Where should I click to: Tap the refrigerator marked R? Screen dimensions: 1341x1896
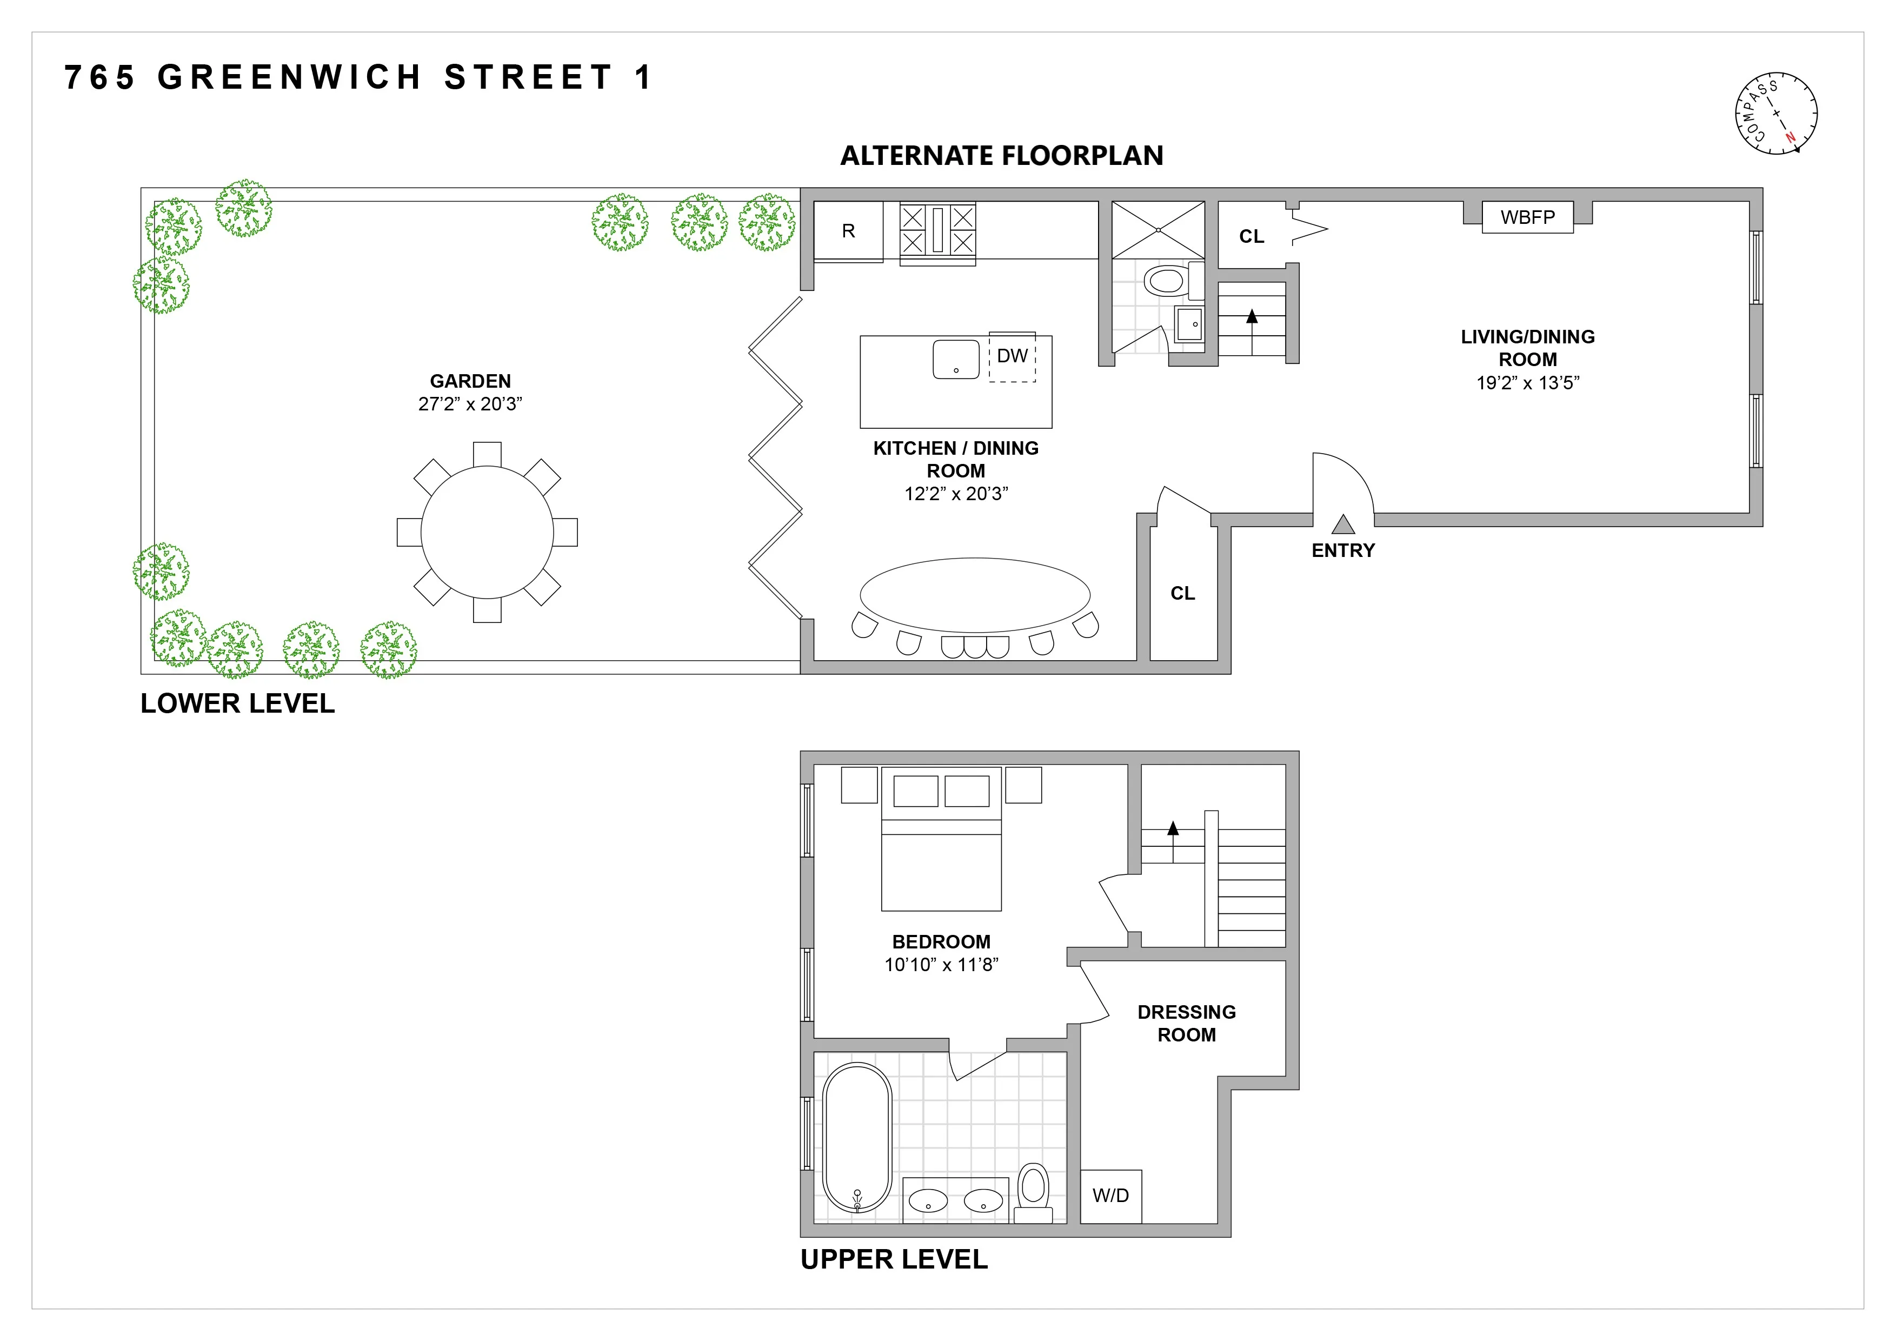coord(848,231)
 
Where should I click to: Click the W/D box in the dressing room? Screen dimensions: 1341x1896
coord(1110,1196)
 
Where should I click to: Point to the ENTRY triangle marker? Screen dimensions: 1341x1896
coord(1343,525)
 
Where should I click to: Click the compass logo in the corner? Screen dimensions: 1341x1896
coord(1775,113)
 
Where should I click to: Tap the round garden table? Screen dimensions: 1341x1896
coord(487,532)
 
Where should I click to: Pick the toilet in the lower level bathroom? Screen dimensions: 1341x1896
coord(1166,281)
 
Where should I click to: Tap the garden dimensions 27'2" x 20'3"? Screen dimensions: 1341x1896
coord(470,404)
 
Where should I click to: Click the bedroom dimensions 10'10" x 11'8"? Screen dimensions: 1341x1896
coord(941,965)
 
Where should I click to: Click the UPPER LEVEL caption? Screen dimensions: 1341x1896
coord(894,1259)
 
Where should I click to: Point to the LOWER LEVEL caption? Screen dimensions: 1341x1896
coord(237,703)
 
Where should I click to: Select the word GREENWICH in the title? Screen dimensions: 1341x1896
coord(290,78)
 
